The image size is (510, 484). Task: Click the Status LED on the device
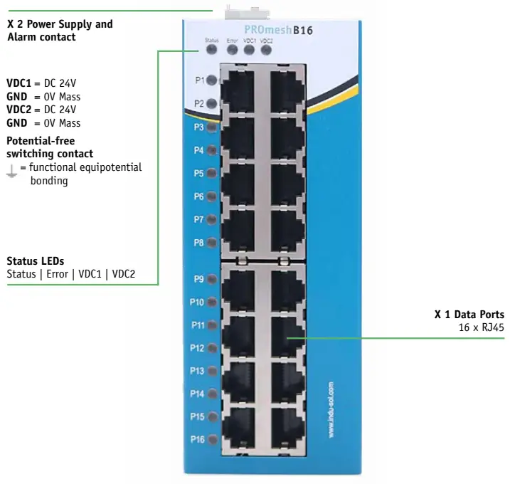(211, 51)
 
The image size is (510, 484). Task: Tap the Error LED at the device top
(232, 51)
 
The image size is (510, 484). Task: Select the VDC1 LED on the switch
(249, 51)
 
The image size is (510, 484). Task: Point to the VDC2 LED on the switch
(266, 51)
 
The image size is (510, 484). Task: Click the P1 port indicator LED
(211, 80)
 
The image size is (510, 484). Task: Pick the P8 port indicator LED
(211, 243)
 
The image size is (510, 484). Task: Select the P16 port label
(197, 439)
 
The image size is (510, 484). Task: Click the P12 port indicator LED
(211, 348)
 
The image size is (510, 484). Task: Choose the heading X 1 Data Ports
(469, 315)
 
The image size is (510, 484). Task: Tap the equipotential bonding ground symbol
(11, 169)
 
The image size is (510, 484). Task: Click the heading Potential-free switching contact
(50, 147)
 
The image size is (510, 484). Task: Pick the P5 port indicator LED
(211, 173)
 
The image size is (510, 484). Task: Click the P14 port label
(197, 394)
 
